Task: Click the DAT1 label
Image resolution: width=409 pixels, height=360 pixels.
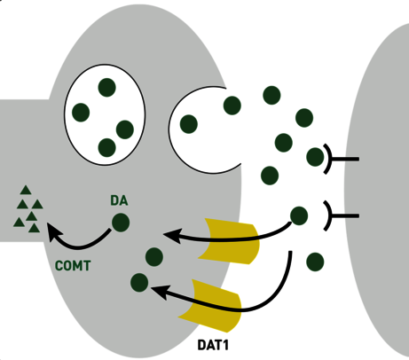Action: click(213, 345)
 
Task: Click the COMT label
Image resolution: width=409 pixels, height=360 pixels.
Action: click(73, 266)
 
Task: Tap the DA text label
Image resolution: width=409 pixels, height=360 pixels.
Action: click(119, 200)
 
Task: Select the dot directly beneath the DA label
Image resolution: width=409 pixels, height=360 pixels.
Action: click(121, 223)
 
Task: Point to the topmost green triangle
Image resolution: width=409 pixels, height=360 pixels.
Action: click(26, 190)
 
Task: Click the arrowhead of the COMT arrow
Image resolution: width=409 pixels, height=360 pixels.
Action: click(53, 231)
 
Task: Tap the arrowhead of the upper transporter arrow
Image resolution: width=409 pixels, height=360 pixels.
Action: click(171, 236)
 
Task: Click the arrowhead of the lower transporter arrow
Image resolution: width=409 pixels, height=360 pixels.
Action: click(160, 292)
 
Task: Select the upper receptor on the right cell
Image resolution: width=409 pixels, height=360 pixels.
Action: click(340, 159)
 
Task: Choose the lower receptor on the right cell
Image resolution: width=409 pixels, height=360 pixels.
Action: click(340, 216)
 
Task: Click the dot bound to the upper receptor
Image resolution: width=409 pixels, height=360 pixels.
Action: click(315, 157)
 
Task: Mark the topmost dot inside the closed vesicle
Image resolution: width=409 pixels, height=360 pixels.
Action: click(106, 88)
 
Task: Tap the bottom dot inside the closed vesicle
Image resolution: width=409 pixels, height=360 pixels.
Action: click(106, 147)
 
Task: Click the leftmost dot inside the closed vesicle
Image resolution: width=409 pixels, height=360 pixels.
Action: click(81, 113)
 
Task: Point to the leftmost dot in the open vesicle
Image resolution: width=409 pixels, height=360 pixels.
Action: click(189, 124)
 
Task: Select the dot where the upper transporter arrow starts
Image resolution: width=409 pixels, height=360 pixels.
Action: click(299, 215)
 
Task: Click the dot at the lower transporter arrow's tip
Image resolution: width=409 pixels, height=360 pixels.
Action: click(139, 283)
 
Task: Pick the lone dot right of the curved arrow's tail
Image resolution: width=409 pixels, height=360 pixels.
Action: click(315, 262)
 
